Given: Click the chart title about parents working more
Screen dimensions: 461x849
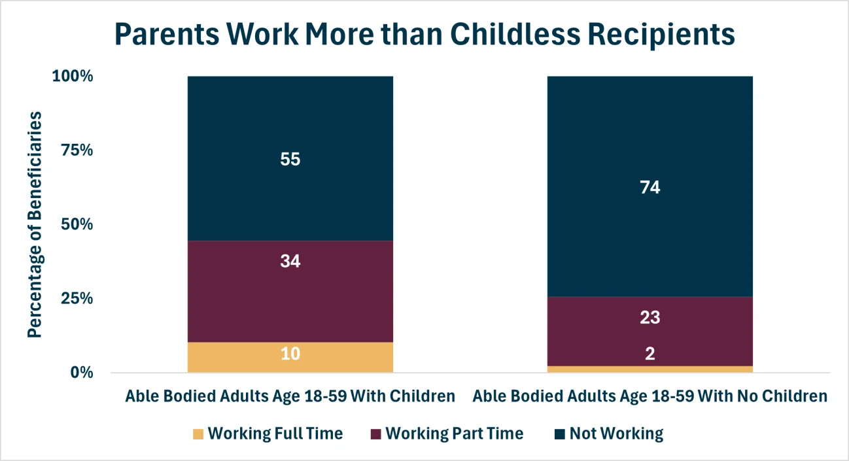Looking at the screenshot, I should click(x=424, y=34).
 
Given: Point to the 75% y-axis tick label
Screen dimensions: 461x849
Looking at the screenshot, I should click(x=77, y=150).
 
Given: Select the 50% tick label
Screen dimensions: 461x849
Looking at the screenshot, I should click(x=77, y=224).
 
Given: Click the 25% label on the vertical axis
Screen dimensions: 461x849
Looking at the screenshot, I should click(x=77, y=299).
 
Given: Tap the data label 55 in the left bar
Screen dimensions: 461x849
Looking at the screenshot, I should click(x=290, y=159).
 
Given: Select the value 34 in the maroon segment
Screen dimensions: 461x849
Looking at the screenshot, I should click(x=290, y=261).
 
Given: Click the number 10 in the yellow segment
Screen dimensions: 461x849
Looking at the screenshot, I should click(x=290, y=354).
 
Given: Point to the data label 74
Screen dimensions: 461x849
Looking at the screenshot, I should click(x=650, y=188).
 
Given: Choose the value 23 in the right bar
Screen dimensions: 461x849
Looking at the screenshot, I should click(x=650, y=318).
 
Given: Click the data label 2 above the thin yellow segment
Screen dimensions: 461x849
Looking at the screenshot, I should click(x=650, y=354).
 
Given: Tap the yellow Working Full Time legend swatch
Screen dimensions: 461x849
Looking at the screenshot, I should click(x=198, y=434).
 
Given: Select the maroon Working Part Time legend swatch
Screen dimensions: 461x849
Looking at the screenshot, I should click(x=375, y=434).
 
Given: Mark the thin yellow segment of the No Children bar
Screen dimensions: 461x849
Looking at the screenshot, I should click(x=650, y=369).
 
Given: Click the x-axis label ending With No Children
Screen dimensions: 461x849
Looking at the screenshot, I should click(x=650, y=396).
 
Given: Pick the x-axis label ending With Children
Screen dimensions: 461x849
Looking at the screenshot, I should click(x=290, y=396).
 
